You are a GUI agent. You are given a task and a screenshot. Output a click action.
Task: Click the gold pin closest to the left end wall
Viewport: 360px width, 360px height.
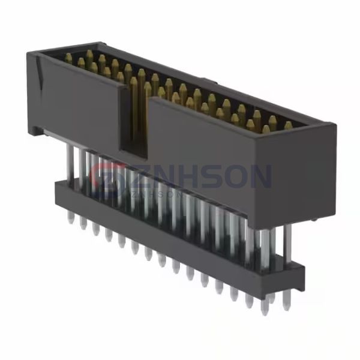coord(68,59)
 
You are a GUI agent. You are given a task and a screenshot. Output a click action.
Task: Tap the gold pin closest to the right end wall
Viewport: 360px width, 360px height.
coord(289,125)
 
